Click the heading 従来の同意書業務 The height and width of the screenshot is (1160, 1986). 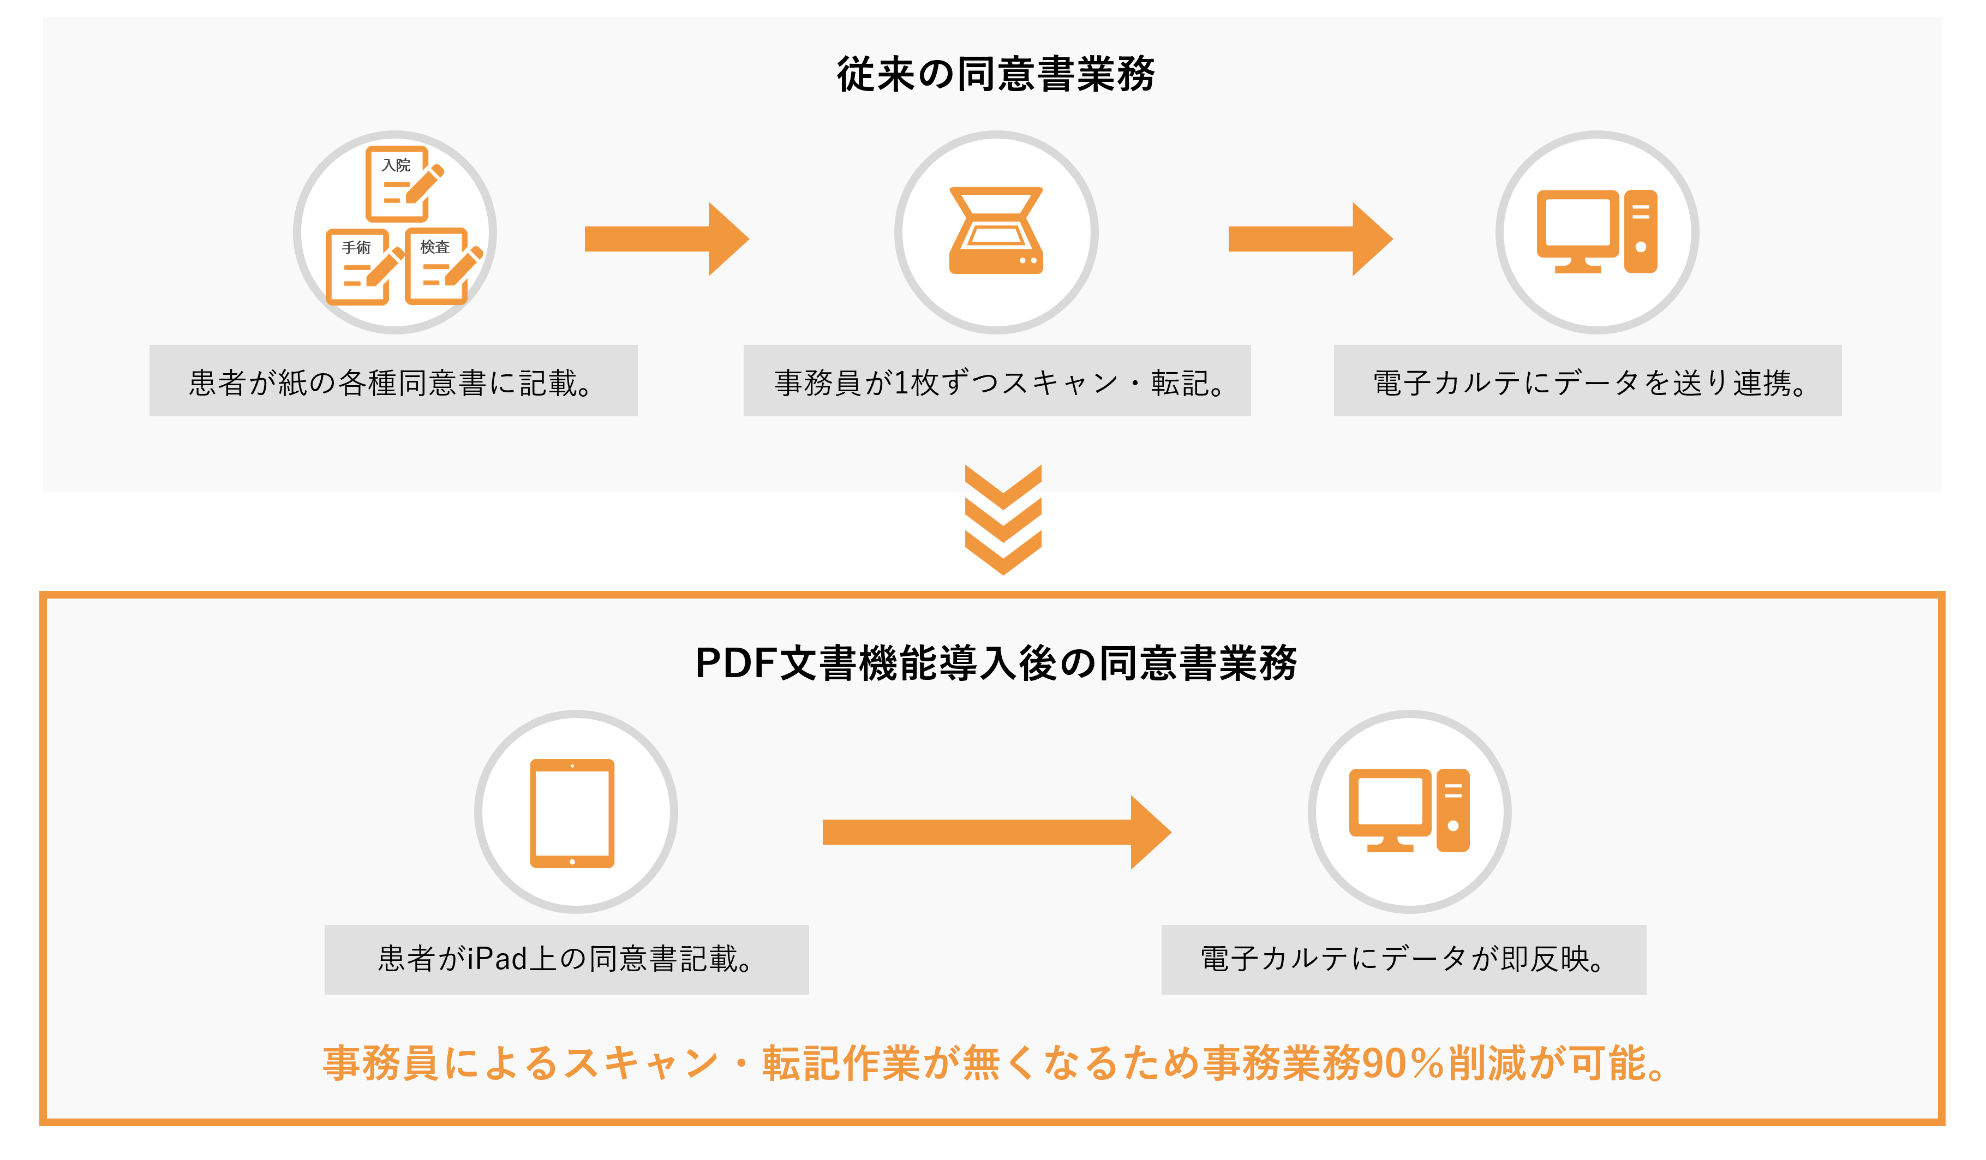point(995,74)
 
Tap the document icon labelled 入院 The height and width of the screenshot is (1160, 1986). point(399,184)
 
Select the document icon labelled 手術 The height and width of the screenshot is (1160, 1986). point(358,267)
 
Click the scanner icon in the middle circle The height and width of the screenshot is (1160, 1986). point(996,232)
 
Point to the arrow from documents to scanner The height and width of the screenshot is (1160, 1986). point(666,239)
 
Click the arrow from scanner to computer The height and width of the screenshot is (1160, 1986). point(1310,239)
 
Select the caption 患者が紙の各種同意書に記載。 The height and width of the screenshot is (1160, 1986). point(392,382)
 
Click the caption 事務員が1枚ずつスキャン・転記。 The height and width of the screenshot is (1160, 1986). point(997,382)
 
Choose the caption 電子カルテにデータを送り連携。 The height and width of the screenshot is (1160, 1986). point(1587,382)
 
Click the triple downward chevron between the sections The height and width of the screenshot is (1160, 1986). point(1003,519)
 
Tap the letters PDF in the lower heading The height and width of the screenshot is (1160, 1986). point(736,663)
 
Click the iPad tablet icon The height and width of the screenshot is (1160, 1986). point(572,814)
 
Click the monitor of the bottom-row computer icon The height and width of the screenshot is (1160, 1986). point(1390,802)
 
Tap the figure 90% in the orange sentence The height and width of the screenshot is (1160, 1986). point(1402,1063)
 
